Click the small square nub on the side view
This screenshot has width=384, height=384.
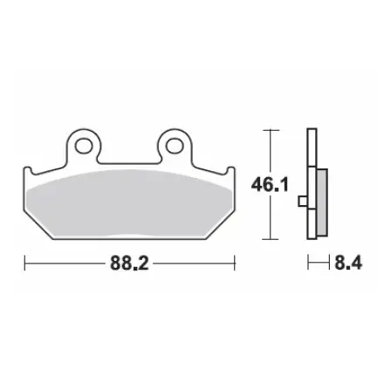click(x=302, y=203)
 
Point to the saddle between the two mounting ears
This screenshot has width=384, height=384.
click(x=129, y=161)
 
